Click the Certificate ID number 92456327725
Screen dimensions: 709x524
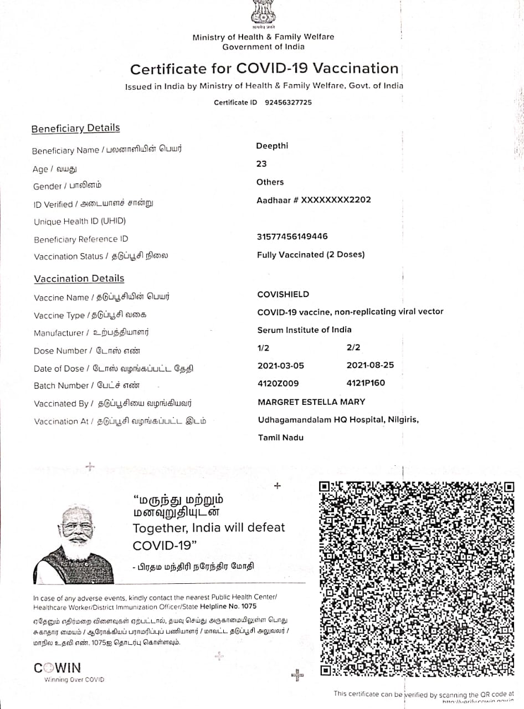tap(288, 102)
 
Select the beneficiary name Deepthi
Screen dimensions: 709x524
tap(272, 146)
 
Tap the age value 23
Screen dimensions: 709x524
tap(261, 164)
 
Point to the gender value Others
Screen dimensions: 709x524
tap(270, 182)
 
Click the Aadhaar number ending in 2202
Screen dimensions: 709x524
tap(314, 200)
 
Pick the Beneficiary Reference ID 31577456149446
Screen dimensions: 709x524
tap(292, 237)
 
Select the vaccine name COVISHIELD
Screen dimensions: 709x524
tap(283, 294)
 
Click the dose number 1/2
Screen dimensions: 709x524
tap(264, 347)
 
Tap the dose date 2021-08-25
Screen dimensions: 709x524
tap(369, 366)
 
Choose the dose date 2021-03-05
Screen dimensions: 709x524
tap(281, 366)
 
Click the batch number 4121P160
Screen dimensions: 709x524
tap(366, 383)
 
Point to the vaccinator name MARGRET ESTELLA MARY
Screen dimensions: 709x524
tap(311, 402)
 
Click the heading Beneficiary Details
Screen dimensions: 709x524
tap(75, 129)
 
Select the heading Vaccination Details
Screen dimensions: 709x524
tap(79, 279)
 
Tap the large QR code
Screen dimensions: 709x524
tap(417, 579)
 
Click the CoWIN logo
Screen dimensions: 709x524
tap(58, 668)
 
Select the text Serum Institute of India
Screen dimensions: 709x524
tap(304, 330)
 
